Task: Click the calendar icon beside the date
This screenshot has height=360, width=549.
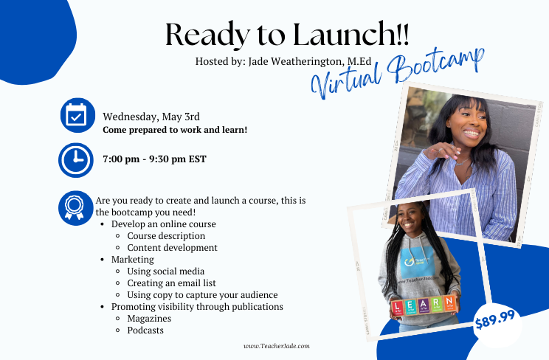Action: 77,115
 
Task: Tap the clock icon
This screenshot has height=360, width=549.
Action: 76,160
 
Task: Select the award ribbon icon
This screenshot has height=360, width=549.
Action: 75,208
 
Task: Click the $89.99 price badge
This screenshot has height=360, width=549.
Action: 494,319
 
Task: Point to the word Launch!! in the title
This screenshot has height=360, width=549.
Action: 351,34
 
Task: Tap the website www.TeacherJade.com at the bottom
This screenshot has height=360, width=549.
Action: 277,346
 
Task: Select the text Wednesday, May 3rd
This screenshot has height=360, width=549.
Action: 151,117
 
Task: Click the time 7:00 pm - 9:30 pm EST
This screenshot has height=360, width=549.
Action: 154,159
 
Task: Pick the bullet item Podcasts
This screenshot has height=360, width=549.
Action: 145,330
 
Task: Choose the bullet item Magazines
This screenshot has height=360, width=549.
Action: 149,319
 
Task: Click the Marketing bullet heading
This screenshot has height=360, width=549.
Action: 133,260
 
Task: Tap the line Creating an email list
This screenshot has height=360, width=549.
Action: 171,283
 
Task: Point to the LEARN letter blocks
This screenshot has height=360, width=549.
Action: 424,305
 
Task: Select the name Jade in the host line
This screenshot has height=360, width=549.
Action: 258,61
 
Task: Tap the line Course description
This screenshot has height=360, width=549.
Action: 166,236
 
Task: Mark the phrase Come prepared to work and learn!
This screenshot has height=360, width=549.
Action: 175,130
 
